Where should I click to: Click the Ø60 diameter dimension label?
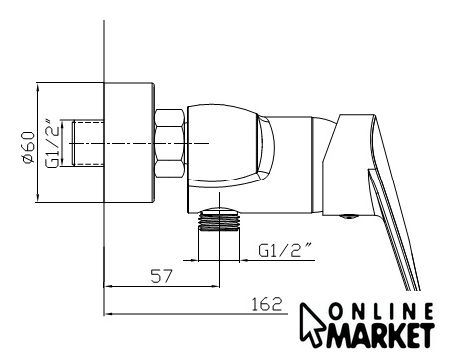[x=28, y=147]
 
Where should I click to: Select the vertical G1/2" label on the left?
[x=53, y=143]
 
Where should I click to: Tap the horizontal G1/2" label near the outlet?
[x=285, y=250]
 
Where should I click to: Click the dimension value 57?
[x=162, y=276]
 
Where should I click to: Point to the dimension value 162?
[x=266, y=304]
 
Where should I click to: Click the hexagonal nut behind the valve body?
[x=170, y=143]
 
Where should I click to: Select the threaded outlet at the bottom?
[x=219, y=219]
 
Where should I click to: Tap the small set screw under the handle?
[x=348, y=217]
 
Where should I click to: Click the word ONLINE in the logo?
[x=381, y=312]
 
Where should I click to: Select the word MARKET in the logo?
[x=382, y=335]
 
